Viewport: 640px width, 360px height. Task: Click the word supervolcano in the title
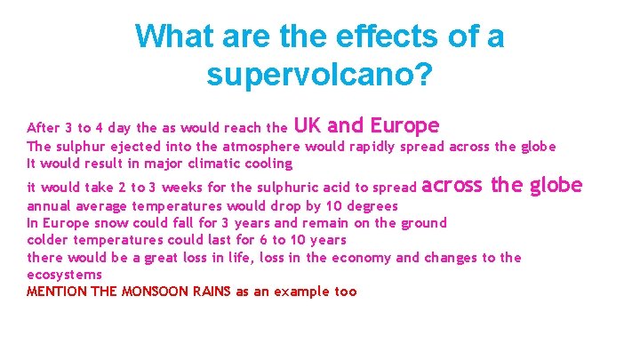[311, 74]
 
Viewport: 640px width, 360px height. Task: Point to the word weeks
[181, 188]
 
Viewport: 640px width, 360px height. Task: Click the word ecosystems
[65, 275]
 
